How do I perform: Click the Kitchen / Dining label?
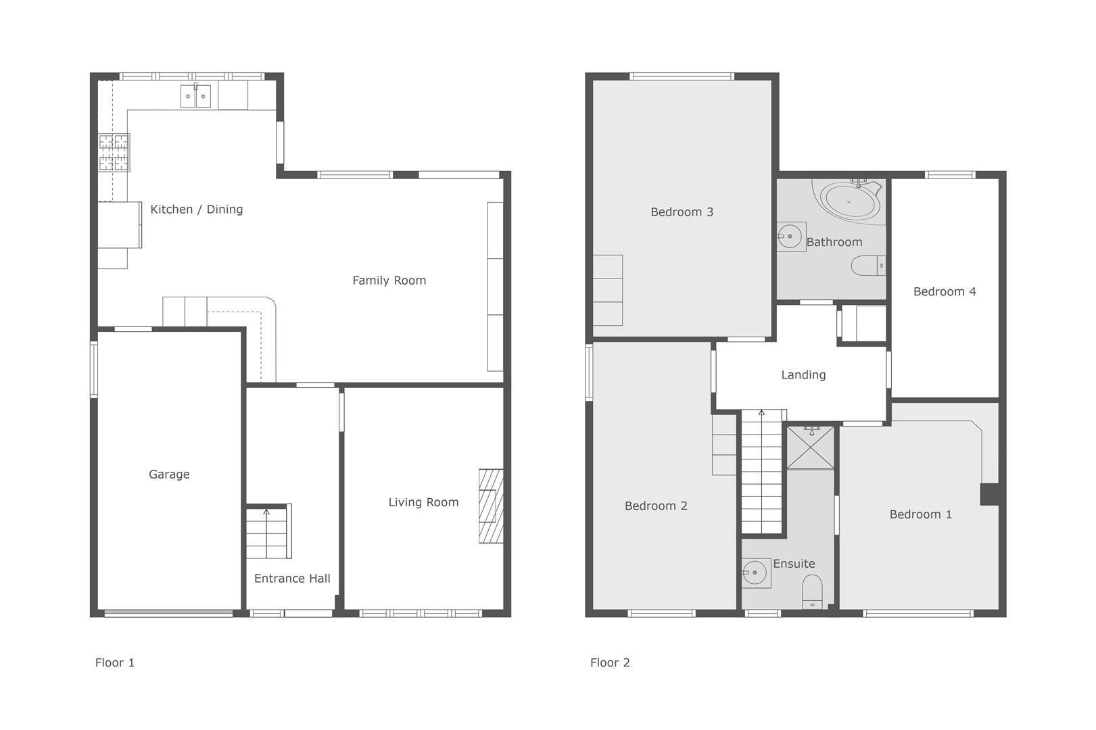pyautogui.click(x=196, y=210)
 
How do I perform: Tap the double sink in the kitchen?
pyautogui.click(x=195, y=96)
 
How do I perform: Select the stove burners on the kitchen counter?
pyautogui.click(x=114, y=153)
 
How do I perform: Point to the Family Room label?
pyautogui.click(x=389, y=281)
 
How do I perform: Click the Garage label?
pyautogui.click(x=169, y=474)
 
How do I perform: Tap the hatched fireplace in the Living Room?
pyautogui.click(x=491, y=506)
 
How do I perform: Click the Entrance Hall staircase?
pyautogui.click(x=268, y=531)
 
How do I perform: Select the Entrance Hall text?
pyautogui.click(x=292, y=579)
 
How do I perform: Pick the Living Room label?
pyautogui.click(x=423, y=502)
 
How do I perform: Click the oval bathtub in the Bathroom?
pyautogui.click(x=851, y=200)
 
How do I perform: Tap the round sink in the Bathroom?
pyautogui.click(x=789, y=237)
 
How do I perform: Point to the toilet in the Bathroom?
pyautogui.click(x=868, y=266)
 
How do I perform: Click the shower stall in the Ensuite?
pyautogui.click(x=810, y=447)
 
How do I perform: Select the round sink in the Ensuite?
pyautogui.click(x=755, y=573)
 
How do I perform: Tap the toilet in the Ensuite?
pyautogui.click(x=812, y=591)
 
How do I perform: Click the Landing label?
pyautogui.click(x=803, y=374)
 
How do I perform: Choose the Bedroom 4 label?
pyautogui.click(x=945, y=291)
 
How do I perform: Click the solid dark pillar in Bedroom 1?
pyautogui.click(x=990, y=494)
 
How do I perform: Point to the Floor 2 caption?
pyautogui.click(x=610, y=662)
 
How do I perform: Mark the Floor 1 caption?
pyautogui.click(x=114, y=662)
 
